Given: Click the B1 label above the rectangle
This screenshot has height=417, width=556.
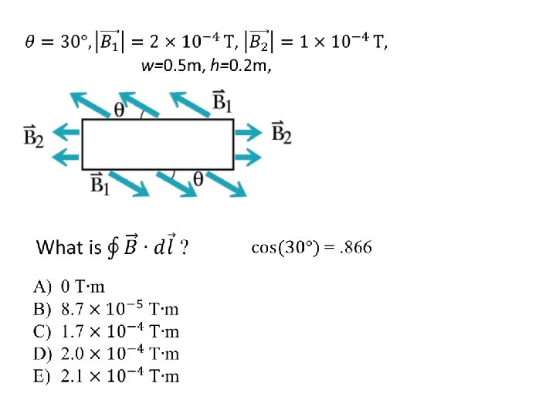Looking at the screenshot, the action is click(223, 102).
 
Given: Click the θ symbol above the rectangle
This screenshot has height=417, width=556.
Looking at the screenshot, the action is click(120, 110).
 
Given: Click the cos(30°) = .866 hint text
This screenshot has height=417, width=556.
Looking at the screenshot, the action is click(311, 248).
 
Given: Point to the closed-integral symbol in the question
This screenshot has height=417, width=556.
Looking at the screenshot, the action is click(112, 248).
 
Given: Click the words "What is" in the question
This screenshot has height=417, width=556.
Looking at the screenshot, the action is click(69, 248).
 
